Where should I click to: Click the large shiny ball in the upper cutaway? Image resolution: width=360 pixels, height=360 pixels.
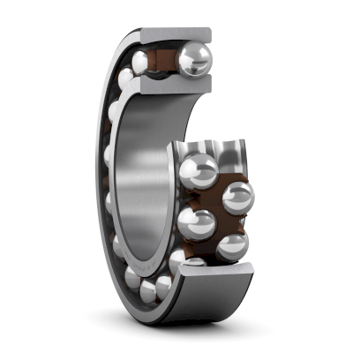coord(194,60)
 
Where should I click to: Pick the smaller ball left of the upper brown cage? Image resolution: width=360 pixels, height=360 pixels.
coord(140,62)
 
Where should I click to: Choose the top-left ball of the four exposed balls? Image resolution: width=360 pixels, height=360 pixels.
coord(201,168)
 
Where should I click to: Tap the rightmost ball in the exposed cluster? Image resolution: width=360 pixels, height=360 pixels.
coord(237,196)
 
